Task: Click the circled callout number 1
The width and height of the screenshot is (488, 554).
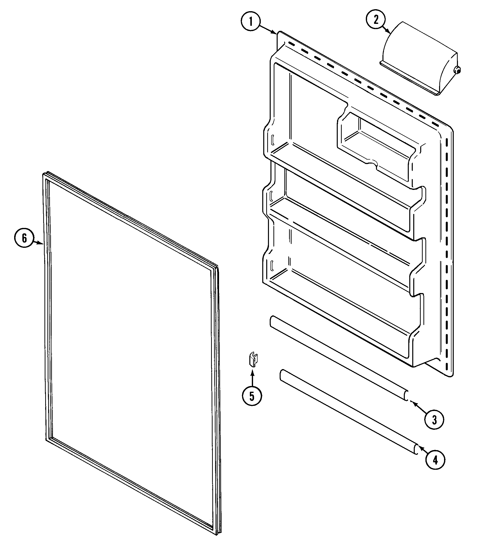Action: pyautogui.click(x=251, y=22)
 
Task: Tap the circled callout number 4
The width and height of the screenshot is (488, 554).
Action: pyautogui.click(x=435, y=460)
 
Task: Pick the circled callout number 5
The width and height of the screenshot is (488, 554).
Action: pyautogui.click(x=252, y=396)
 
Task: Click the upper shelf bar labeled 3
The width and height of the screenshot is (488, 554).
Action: pyautogui.click(x=338, y=356)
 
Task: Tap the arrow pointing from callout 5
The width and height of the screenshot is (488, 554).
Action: pyautogui.click(x=252, y=378)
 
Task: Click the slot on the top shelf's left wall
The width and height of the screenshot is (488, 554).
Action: pyautogui.click(x=273, y=140)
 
